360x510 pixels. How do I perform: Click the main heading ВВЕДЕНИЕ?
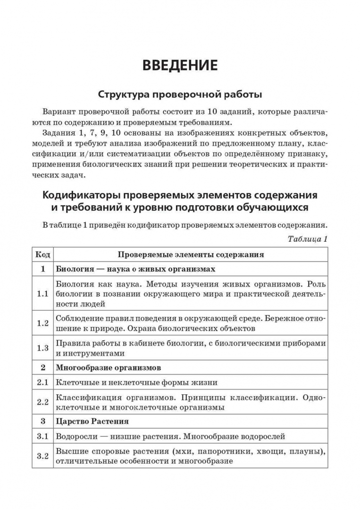[180, 65]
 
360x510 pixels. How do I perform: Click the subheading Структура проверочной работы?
[180, 94]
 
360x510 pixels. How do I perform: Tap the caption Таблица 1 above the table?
[307, 239]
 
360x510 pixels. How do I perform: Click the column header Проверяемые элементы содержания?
[191, 255]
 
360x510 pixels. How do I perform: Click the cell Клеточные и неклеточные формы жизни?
[137, 382]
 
